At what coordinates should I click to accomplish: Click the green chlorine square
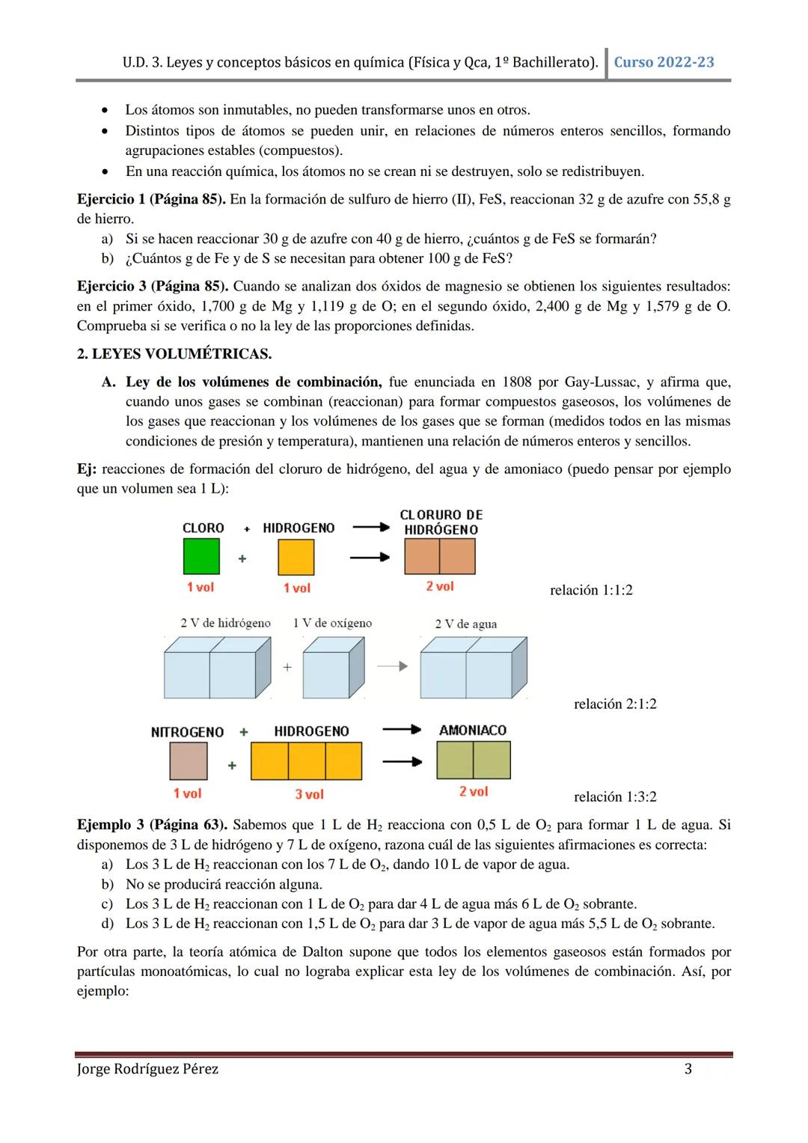click(201, 557)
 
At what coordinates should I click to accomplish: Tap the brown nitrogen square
click(188, 761)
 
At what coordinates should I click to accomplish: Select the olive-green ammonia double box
click(473, 760)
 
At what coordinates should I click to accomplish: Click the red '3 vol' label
click(309, 794)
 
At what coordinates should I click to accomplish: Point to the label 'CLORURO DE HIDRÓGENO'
click(441, 522)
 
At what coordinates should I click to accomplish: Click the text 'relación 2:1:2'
click(615, 704)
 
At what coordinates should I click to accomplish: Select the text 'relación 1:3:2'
click(615, 796)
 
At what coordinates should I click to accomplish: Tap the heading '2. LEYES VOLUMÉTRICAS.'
click(174, 353)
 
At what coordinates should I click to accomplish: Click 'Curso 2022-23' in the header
click(664, 62)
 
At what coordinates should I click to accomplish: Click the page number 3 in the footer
click(688, 1069)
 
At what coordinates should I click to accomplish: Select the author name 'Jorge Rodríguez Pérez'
click(148, 1069)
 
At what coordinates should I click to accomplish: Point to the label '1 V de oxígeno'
click(332, 623)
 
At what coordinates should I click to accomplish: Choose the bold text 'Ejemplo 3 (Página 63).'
click(152, 825)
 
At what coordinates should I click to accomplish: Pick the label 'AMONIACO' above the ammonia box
click(473, 730)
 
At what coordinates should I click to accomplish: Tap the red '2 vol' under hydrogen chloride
click(440, 586)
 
